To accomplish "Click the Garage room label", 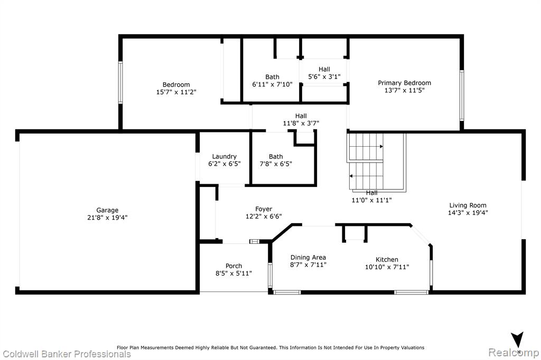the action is tap(107, 210).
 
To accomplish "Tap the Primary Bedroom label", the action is tap(404, 83).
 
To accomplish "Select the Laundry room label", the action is tap(224, 157).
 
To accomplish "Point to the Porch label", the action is tap(234, 266).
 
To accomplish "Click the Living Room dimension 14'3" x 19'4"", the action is tap(468, 213).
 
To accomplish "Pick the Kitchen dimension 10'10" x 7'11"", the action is tap(387, 267).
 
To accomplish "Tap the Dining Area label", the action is tap(308, 257).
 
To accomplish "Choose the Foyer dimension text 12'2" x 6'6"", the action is tap(264, 216).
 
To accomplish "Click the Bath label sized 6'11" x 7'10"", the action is tap(272, 77).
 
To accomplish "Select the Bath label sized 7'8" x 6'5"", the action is tap(276, 157).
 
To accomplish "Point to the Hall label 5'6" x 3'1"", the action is tap(324, 69).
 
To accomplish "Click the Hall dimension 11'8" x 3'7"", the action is tap(301, 123).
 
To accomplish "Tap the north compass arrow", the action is tap(517, 339).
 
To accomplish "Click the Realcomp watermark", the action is tap(514, 353).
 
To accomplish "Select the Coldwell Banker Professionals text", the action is tap(67, 354).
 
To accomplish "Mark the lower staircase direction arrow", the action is tap(366, 176).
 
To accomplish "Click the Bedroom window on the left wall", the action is tap(120, 82).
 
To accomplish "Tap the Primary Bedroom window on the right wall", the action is tap(462, 96).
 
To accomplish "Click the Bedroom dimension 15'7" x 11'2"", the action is tap(176, 92).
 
